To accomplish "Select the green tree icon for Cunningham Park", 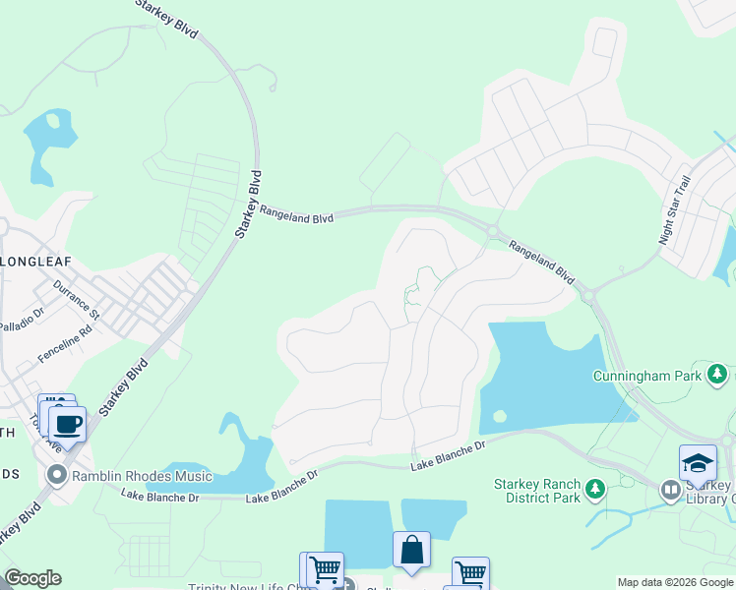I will [718, 375].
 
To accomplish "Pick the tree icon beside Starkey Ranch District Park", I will [594, 489].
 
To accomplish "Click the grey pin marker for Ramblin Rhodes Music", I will [57, 477].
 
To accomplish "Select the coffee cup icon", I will [68, 425].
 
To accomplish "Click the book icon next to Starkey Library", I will [670, 489].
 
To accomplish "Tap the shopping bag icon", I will [411, 550].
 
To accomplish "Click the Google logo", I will [31, 578].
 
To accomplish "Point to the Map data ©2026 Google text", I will [674, 582].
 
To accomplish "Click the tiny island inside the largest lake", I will [499, 416].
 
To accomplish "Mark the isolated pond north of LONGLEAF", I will [49, 143].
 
